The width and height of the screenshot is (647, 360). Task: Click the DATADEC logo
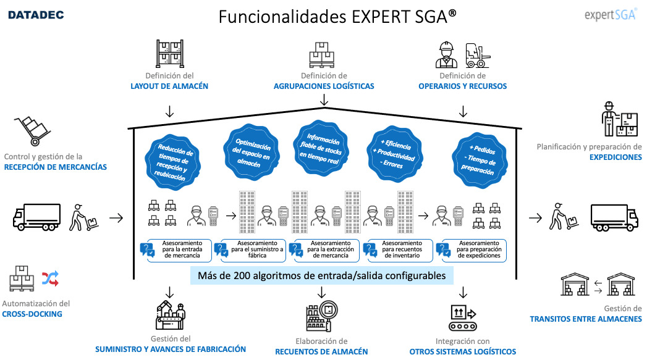(x=35, y=14)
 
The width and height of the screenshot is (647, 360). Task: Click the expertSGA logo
(x=610, y=15)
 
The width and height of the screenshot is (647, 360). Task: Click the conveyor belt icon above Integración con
(x=463, y=318)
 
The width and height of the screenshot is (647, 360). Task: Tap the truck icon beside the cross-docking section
(x=37, y=217)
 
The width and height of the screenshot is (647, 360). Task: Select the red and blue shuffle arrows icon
(x=50, y=279)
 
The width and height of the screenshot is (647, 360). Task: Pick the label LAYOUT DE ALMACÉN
(x=169, y=86)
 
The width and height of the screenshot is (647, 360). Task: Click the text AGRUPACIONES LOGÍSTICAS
(x=324, y=86)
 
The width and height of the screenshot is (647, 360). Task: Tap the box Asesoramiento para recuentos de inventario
(x=400, y=249)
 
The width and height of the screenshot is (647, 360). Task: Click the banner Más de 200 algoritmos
(x=321, y=275)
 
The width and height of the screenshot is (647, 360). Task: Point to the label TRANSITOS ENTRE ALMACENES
(x=585, y=319)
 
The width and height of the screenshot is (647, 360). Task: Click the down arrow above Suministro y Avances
(x=169, y=291)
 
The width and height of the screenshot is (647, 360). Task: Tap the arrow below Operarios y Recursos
(x=462, y=111)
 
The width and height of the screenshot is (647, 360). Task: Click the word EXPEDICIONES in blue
(x=615, y=157)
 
